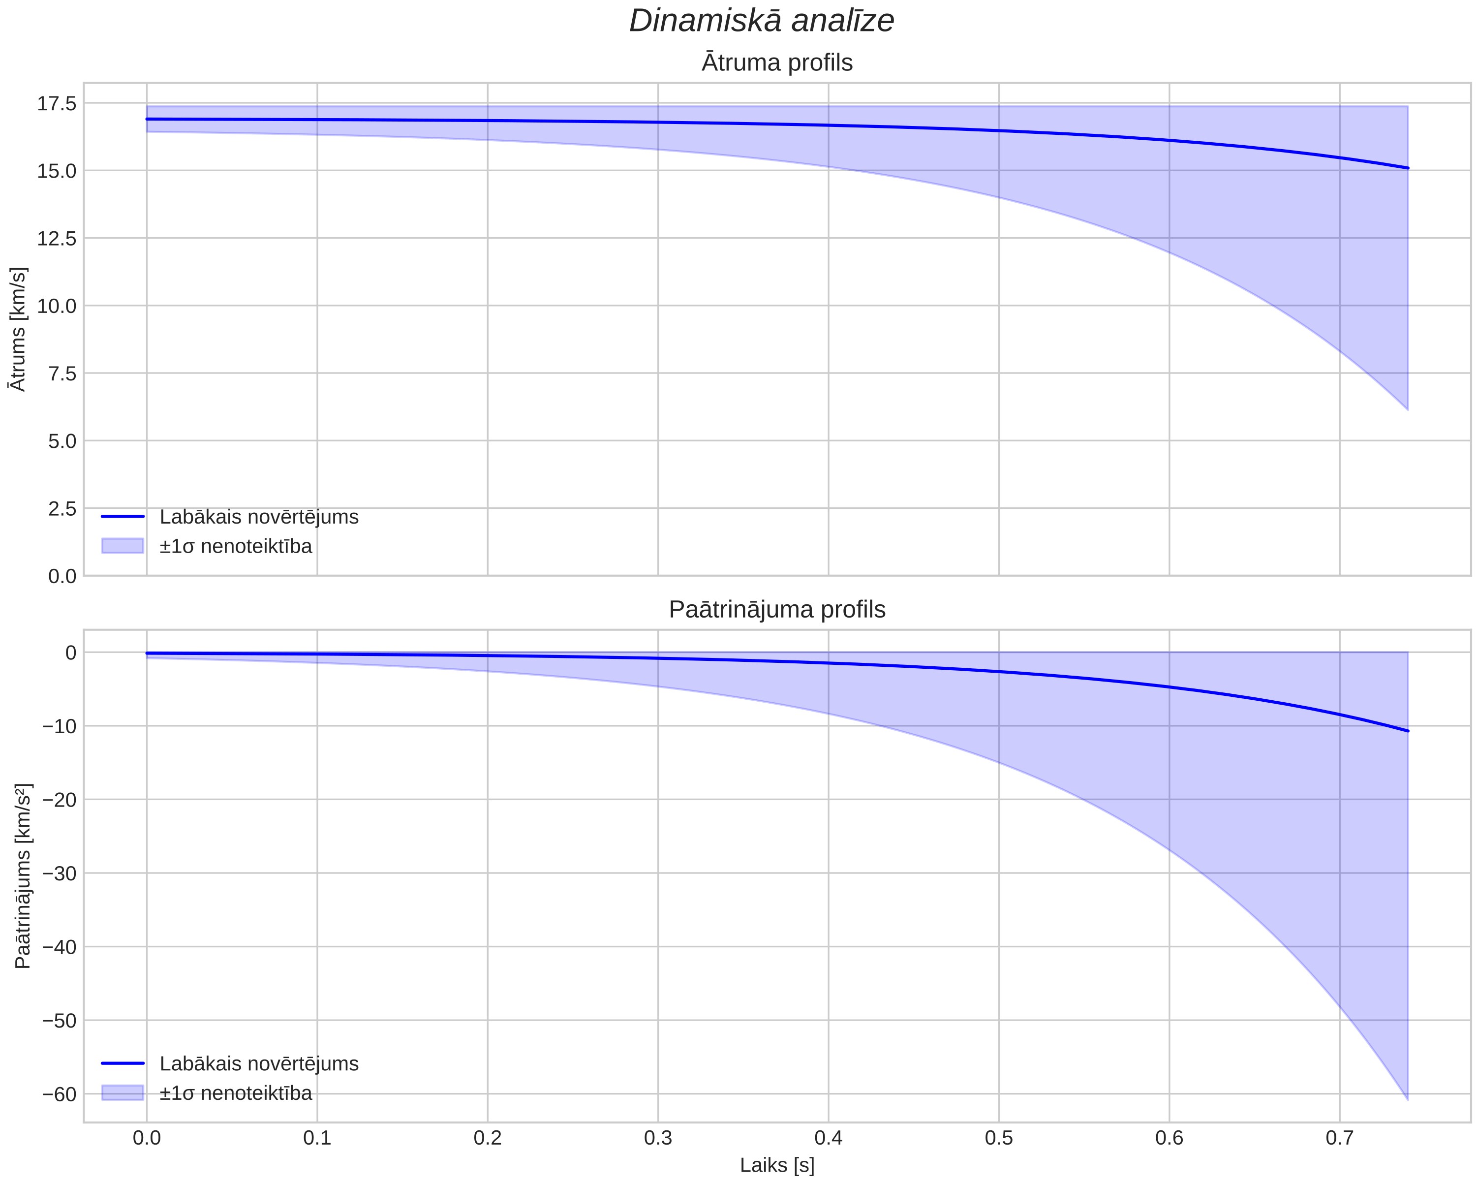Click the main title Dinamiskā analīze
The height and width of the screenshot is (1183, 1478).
pyautogui.click(x=762, y=21)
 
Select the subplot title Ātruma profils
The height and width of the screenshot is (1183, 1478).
pyautogui.click(x=777, y=62)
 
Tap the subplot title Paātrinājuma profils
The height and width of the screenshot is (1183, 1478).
pyautogui.click(x=777, y=610)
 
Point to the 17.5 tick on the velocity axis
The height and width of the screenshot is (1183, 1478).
pyautogui.click(x=57, y=103)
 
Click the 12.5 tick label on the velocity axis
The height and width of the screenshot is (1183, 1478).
pyautogui.click(x=57, y=239)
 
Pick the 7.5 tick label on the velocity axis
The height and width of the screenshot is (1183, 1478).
pyautogui.click(x=62, y=374)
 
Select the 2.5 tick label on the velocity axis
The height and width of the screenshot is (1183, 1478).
pyautogui.click(x=62, y=509)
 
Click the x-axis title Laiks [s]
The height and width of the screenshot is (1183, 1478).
pyautogui.click(x=777, y=1166)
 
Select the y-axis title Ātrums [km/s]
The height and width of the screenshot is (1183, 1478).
pyautogui.click(x=19, y=329)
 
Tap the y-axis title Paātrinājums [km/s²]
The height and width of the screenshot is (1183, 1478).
pyautogui.click(x=23, y=876)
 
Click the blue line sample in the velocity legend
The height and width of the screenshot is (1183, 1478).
pyautogui.click(x=123, y=516)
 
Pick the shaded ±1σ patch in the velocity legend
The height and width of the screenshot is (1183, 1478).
pyautogui.click(x=123, y=546)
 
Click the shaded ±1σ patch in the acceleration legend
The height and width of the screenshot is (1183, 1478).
pyautogui.click(x=123, y=1092)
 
